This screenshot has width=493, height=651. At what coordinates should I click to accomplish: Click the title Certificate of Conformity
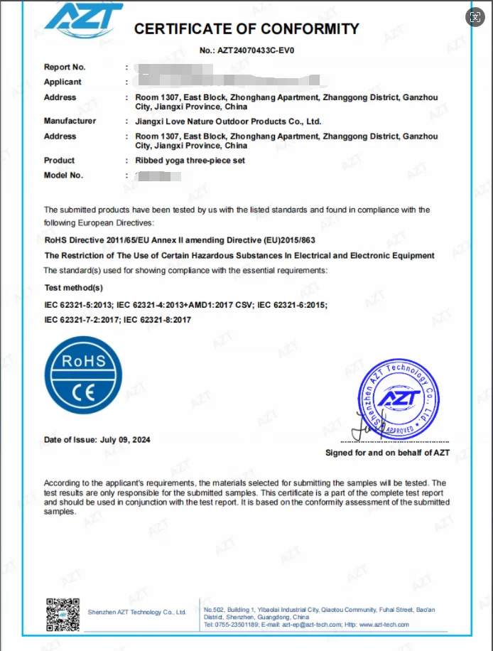(246, 29)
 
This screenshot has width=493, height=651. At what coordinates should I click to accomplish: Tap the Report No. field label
(65, 67)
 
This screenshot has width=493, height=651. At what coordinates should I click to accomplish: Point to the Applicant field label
(63, 82)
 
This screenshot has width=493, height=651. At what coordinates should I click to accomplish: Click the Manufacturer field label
(70, 121)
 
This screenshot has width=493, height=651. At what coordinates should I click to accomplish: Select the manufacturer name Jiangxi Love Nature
(228, 122)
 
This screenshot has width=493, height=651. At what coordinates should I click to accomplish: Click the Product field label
(59, 161)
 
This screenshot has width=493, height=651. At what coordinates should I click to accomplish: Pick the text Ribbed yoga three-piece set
(190, 161)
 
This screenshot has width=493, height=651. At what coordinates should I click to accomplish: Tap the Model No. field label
(63, 176)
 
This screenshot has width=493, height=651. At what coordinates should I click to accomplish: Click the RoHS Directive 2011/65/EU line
(180, 240)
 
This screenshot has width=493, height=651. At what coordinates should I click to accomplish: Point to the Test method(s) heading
(73, 288)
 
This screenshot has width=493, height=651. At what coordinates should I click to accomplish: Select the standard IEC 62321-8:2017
(157, 320)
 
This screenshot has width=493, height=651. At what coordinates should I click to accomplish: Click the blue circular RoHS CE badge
(84, 375)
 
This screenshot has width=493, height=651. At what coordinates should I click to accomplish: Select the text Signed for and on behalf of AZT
(387, 453)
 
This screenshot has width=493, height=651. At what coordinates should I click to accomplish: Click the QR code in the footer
(62, 614)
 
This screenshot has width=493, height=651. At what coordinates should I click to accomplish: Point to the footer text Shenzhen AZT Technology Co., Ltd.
(136, 612)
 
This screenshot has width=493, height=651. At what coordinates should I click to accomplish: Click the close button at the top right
(475, 17)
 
